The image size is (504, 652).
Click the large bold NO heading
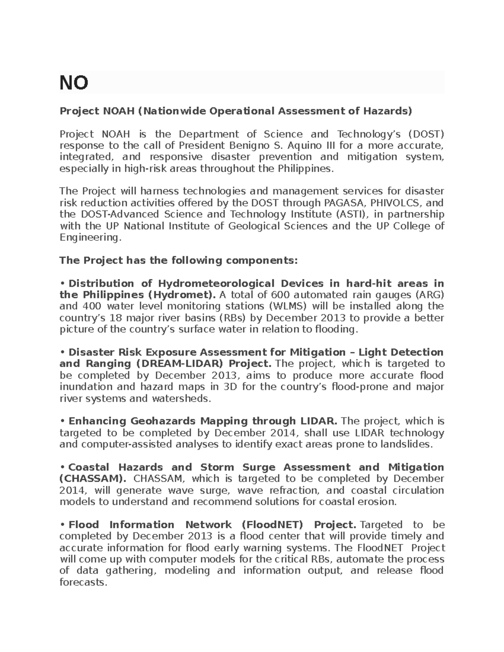coord(74,83)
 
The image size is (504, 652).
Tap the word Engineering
coord(89,238)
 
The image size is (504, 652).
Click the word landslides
coord(405,444)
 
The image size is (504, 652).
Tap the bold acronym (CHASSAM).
coord(93,479)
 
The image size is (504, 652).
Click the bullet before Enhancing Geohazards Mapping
coord(62,421)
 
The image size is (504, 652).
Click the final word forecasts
coord(83,583)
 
